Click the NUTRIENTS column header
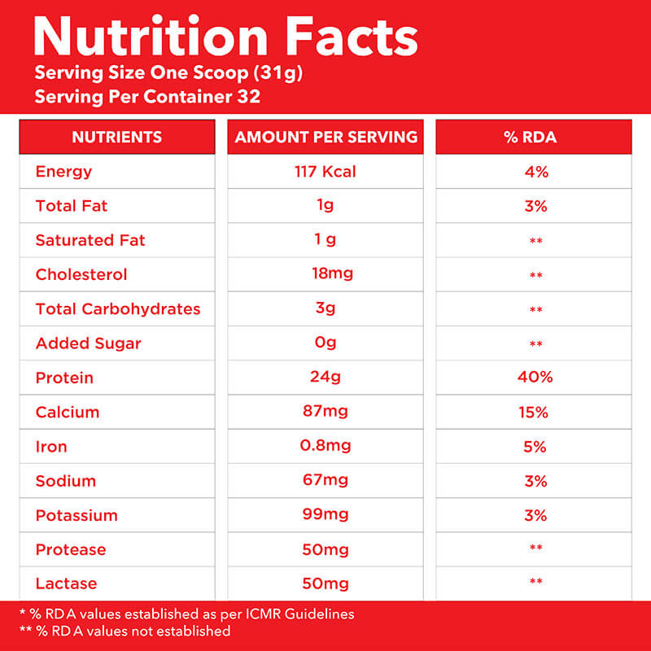pos(116,137)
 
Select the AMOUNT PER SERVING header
pos(326,137)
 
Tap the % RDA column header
pos(531,137)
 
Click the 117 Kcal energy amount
pos(325,172)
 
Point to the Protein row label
pos(64,378)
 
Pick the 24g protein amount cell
pos(325,377)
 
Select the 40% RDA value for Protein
pos(535,377)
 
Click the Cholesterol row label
pos(81,274)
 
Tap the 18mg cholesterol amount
pos(332,273)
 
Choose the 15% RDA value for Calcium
pos(533,413)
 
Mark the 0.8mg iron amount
pos(325,445)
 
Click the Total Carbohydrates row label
pos(118,309)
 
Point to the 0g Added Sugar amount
pos(325,343)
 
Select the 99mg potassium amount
pos(325,514)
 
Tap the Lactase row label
pos(67,583)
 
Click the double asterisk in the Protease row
pos(535,547)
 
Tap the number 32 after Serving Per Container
pos(249,96)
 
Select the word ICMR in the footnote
pos(262,614)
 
